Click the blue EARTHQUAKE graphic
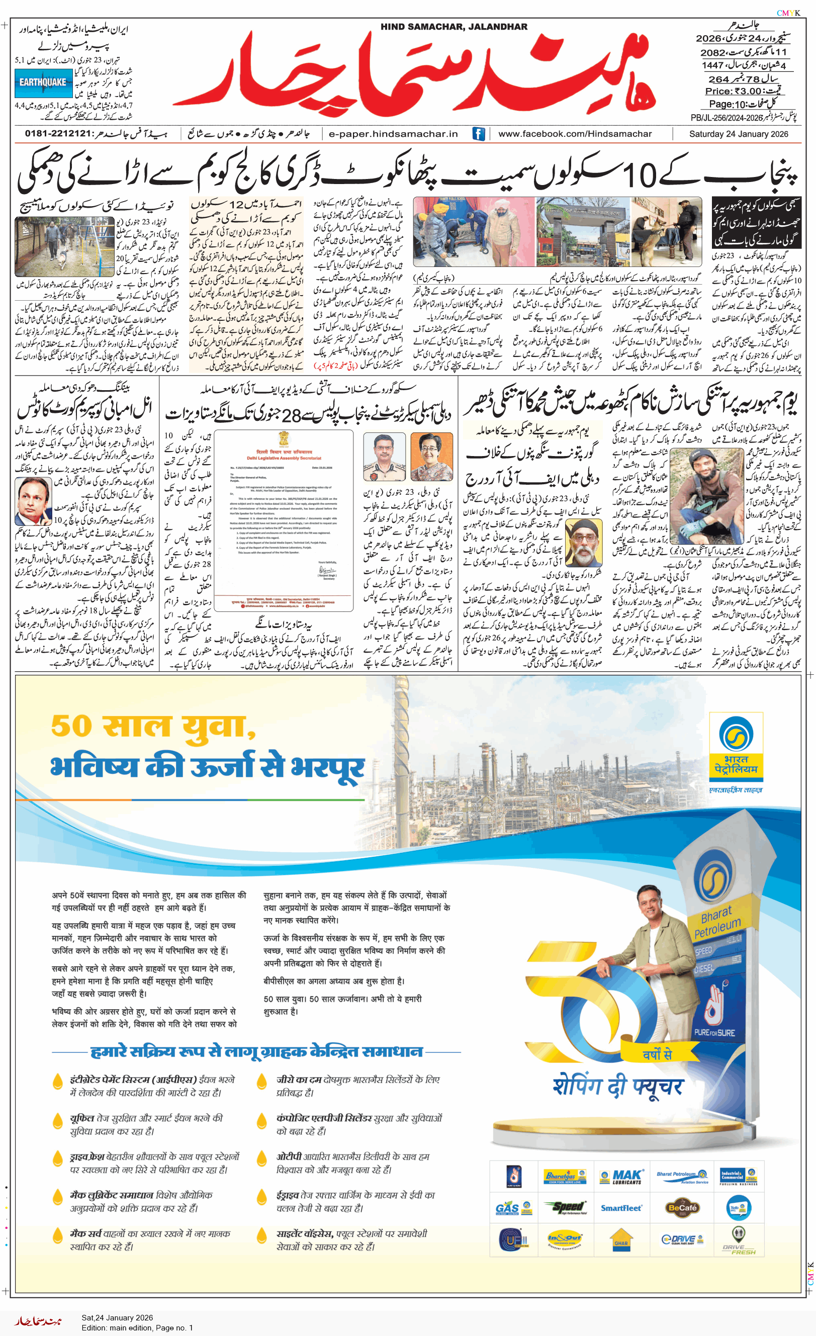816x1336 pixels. click(x=43, y=83)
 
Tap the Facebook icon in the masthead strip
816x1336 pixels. click(x=478, y=133)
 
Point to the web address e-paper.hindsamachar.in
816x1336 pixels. click(x=393, y=133)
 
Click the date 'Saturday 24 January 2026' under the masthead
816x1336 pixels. click(x=739, y=134)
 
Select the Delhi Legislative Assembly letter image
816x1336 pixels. click(x=284, y=520)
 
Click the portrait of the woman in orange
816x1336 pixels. click(x=431, y=457)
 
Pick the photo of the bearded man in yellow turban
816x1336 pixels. click(x=583, y=543)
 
